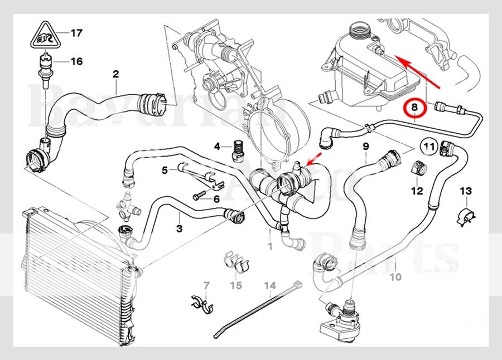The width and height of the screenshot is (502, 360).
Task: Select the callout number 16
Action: pyautogui.click(x=76, y=61)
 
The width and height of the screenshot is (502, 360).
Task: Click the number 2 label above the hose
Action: pyautogui.click(x=116, y=74)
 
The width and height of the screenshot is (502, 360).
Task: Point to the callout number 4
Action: pyautogui.click(x=218, y=147)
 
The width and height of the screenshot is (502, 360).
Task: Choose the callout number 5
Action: pyautogui.click(x=165, y=171)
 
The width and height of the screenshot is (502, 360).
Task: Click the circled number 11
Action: pyautogui.click(x=428, y=147)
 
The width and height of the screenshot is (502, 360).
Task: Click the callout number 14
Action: pyautogui.click(x=270, y=286)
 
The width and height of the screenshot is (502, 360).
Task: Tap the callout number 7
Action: pyautogui.click(x=206, y=286)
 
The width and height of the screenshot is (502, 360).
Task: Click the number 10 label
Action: pyautogui.click(x=395, y=276)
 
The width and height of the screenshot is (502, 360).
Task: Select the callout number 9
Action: pyautogui.click(x=366, y=147)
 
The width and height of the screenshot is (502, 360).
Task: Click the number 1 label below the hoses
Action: pyautogui.click(x=270, y=246)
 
